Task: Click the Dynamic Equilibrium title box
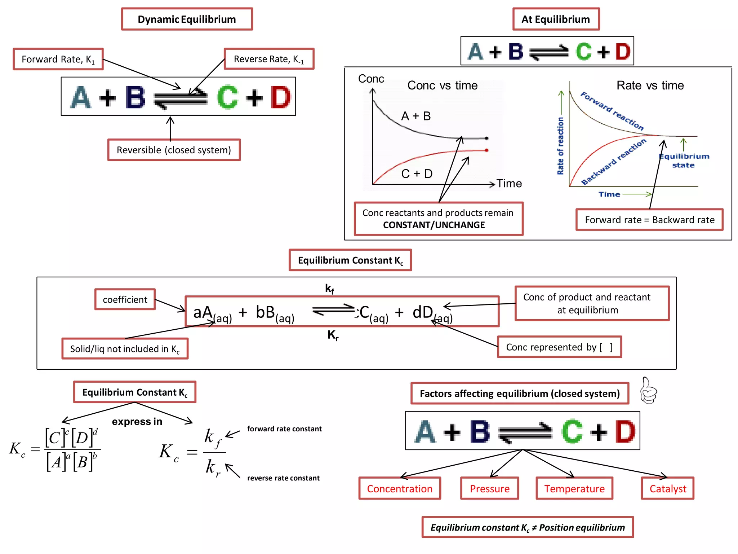pyautogui.click(x=187, y=19)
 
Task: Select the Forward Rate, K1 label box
pyautogui.click(x=58, y=59)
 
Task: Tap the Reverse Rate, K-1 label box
pyautogui.click(x=269, y=59)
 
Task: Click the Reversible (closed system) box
pyautogui.click(x=174, y=150)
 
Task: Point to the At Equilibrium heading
pyautogui.click(x=556, y=19)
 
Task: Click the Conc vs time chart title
pyautogui.click(x=442, y=85)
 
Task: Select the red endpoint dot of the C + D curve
pyautogui.click(x=486, y=150)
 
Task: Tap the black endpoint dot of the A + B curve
pyautogui.click(x=486, y=138)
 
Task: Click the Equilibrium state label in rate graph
pyautogui.click(x=684, y=161)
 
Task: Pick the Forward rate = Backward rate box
pyautogui.click(x=649, y=220)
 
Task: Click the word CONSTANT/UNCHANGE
pyautogui.click(x=434, y=225)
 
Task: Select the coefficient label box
pyautogui.click(x=125, y=299)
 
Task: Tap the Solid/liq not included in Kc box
pyautogui.click(x=125, y=349)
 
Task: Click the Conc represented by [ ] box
pyautogui.click(x=559, y=347)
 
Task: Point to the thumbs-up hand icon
pyautogui.click(x=649, y=391)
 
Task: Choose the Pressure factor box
pyautogui.click(x=489, y=489)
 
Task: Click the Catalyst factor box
pyautogui.click(x=667, y=489)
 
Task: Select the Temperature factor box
pyautogui.click(x=574, y=489)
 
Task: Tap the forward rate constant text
pyautogui.click(x=284, y=429)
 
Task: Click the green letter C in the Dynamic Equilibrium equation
pyautogui.click(x=227, y=97)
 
